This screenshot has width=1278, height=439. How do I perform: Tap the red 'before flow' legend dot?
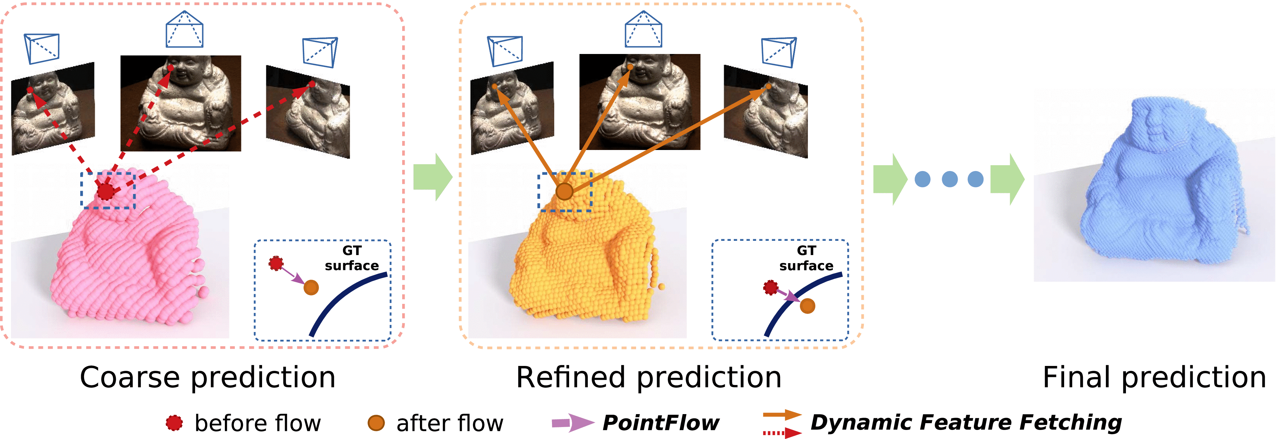tap(174, 423)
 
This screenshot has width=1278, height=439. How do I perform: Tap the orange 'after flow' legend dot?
tap(376, 423)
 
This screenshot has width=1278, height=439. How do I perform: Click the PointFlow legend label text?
tap(660, 423)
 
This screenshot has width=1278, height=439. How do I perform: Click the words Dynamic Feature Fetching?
tap(965, 423)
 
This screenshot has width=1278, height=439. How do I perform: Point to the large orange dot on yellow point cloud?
tap(564, 191)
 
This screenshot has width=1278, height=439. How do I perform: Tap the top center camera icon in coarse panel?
tap(184, 30)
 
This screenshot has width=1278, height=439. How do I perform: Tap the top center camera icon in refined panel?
tap(643, 30)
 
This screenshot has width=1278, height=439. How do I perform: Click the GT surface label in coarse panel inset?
tap(352, 258)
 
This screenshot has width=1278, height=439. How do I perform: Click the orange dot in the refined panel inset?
tap(807, 306)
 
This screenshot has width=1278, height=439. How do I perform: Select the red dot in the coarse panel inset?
tap(276, 263)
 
